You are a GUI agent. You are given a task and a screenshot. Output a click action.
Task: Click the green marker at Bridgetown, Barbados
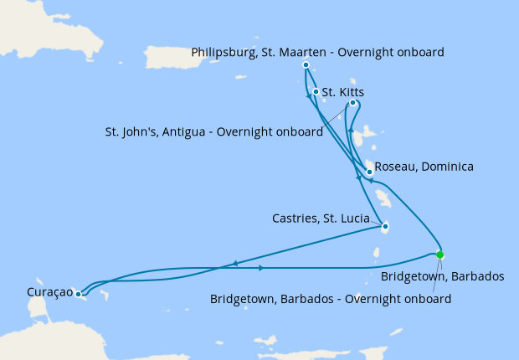coord(440,255)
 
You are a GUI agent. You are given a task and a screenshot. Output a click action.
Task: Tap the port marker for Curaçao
coord(78,294)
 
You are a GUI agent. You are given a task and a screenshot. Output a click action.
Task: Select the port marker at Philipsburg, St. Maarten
coord(306,64)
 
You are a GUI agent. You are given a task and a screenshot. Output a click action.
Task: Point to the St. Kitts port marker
coord(316,92)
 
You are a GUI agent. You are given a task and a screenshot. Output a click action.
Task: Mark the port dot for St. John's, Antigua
coord(352,103)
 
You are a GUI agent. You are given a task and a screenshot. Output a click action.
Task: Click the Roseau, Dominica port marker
coord(369,172)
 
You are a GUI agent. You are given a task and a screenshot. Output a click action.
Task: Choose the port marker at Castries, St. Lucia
coord(384,225)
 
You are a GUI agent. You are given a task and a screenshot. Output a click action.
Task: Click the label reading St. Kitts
coord(343,92)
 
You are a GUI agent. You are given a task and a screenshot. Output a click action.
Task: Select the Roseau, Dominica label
coord(424,167)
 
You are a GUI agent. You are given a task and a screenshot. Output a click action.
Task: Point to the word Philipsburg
coord(222,52)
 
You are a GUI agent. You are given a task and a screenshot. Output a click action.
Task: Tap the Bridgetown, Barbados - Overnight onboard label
coord(331,298)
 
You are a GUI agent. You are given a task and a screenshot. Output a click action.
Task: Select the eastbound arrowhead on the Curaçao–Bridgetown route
coord(262,268)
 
